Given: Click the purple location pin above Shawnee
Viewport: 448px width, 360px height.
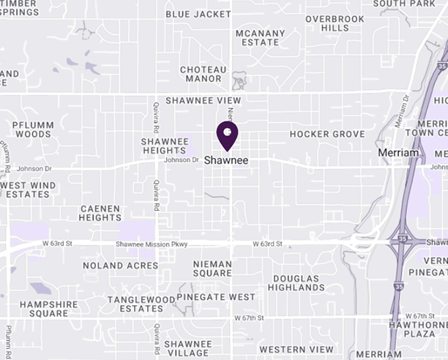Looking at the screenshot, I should (x=227, y=134).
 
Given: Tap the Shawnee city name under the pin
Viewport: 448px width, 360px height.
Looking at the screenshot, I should (x=226, y=160).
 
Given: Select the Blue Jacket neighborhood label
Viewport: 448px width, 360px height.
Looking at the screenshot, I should (x=198, y=13).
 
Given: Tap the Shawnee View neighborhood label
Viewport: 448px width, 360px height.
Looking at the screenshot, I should (x=203, y=100).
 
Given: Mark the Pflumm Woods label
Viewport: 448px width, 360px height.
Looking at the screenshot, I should (x=33, y=130).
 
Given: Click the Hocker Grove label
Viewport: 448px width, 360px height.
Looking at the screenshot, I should (x=326, y=135).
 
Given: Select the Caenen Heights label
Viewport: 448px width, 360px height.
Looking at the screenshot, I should (x=100, y=213).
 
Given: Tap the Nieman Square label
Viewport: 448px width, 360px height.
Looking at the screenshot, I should (x=212, y=269).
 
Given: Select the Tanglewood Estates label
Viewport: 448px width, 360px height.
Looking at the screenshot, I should (x=135, y=304).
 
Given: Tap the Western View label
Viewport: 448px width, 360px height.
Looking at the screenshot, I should (x=296, y=349).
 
